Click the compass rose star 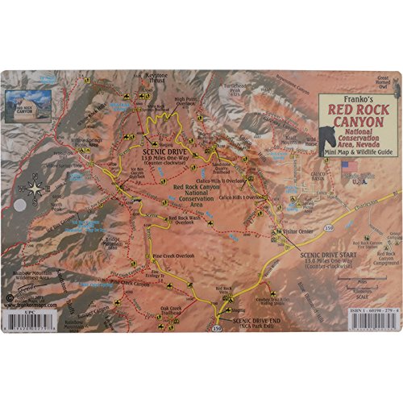[x=37, y=190]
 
